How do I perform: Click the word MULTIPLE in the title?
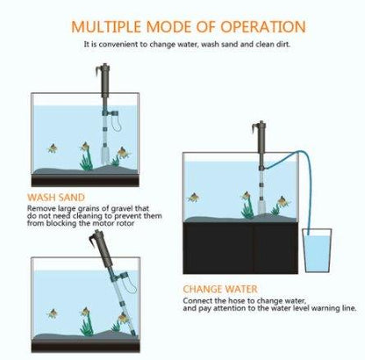(107, 27)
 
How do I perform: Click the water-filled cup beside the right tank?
(317, 254)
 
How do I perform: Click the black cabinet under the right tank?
(236, 248)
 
